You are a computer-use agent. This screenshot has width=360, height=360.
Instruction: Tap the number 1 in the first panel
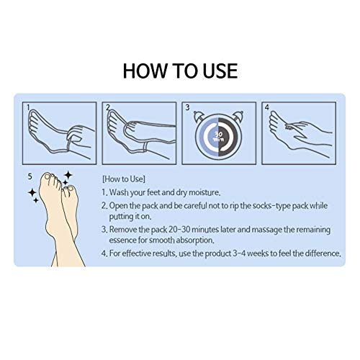tap(28, 107)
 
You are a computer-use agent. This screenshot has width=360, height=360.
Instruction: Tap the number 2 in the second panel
tap(108, 107)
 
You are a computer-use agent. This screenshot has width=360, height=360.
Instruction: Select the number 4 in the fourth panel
tap(267, 107)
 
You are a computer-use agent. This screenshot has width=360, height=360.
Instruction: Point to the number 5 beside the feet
tap(30, 176)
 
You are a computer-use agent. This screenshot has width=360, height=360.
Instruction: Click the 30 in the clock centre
tap(218, 135)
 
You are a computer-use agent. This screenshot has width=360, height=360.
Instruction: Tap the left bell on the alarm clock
tap(199, 116)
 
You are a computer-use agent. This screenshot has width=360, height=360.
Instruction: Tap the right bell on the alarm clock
tap(238, 116)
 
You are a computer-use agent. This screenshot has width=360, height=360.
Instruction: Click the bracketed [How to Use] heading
tap(124, 179)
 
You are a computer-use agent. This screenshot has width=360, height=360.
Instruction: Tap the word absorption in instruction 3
tap(195, 240)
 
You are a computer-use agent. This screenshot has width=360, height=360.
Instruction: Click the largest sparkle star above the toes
tap(68, 175)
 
